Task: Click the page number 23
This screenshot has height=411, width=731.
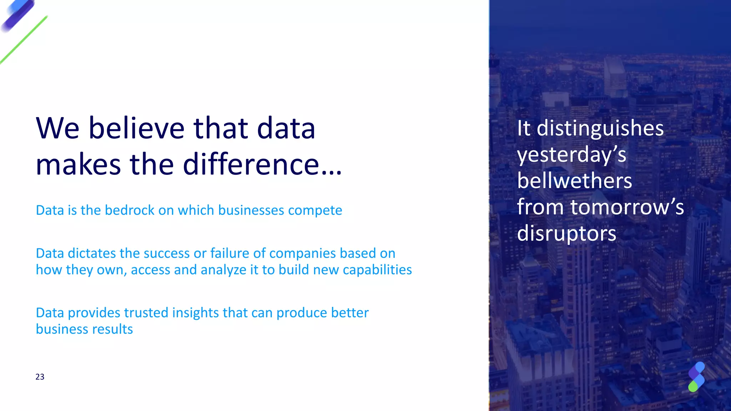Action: pyautogui.click(x=40, y=377)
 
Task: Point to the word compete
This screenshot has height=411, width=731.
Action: pyautogui.click(x=315, y=210)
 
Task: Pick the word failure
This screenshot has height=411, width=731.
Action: pyautogui.click(x=230, y=253)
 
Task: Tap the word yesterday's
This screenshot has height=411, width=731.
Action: pyautogui.click(x=571, y=155)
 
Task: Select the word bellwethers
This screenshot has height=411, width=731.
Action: pyautogui.click(x=574, y=181)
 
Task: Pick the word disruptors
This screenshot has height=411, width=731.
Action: pyautogui.click(x=566, y=234)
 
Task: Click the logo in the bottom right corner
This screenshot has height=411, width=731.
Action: pyautogui.click(x=696, y=377)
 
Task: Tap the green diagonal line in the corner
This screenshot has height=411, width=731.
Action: pyautogui.click(x=24, y=40)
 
